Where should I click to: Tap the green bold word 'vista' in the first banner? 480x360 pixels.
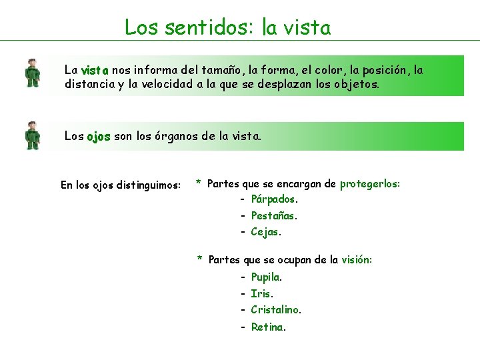pos(95,70)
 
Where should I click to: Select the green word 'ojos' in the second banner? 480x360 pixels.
pos(99,136)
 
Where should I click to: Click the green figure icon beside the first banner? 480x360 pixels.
pos(31,73)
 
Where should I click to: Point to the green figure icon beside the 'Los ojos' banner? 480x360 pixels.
pos(31,135)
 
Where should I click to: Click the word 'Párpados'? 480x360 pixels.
pos(273,199)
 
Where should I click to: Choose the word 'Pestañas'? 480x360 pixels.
pos(273,215)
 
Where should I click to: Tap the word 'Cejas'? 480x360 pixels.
pos(265,232)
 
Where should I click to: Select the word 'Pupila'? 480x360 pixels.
pos(265,277)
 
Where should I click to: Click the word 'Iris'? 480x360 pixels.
pos(261,293)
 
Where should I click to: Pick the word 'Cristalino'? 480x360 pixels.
pos(275,310)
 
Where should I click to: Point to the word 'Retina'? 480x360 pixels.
pos(267,327)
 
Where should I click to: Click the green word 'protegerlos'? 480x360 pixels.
pos(369,183)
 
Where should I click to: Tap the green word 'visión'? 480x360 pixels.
pos(356,259)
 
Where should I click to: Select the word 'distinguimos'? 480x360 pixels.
pos(148,185)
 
